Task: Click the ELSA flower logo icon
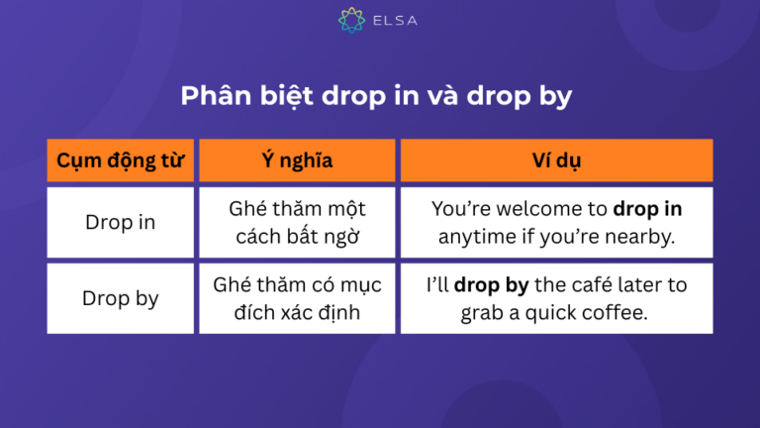tap(347, 20)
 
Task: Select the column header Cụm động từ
tap(120, 160)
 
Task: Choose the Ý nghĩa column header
tap(297, 160)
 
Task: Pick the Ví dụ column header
tap(555, 160)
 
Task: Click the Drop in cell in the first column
tap(120, 223)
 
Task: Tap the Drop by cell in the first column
tap(120, 298)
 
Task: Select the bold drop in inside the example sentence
tap(647, 210)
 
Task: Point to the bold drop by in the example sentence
tap(492, 285)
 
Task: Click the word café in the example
tap(592, 285)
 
